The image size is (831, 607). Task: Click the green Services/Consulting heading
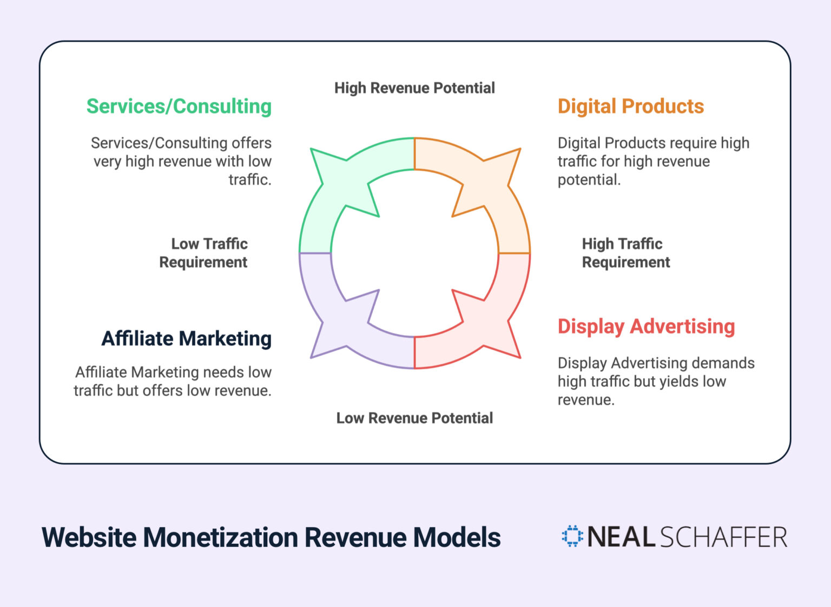(x=179, y=106)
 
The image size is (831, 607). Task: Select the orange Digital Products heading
(x=630, y=106)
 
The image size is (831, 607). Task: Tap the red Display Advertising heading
(x=646, y=326)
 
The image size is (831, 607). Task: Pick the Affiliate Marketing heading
(x=186, y=339)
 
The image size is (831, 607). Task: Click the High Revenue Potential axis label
(x=414, y=88)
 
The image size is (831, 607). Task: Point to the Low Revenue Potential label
(x=414, y=418)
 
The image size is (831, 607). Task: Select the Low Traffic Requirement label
(x=204, y=253)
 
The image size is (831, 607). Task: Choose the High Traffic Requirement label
(x=625, y=253)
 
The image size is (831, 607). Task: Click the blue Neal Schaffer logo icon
(x=572, y=536)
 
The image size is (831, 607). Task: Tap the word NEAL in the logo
(x=621, y=537)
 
